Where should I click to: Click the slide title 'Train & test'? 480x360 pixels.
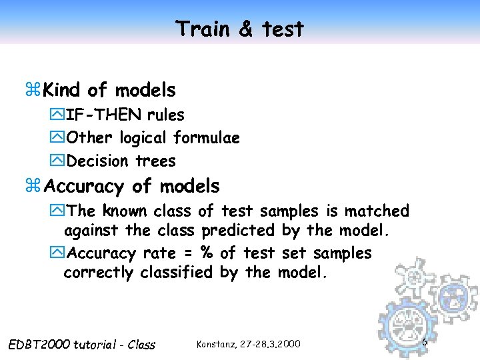(x=240, y=29)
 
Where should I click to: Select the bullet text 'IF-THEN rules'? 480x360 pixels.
(x=125, y=115)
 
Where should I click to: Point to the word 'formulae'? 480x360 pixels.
(x=207, y=138)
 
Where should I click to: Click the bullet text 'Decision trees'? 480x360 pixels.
(x=121, y=161)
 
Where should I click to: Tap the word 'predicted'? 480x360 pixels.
(x=237, y=231)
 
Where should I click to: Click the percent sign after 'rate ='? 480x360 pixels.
(x=208, y=253)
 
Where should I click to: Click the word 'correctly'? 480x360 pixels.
(x=99, y=273)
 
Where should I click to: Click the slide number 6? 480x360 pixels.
(x=424, y=341)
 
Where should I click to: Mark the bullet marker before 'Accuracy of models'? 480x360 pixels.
(x=35, y=186)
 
